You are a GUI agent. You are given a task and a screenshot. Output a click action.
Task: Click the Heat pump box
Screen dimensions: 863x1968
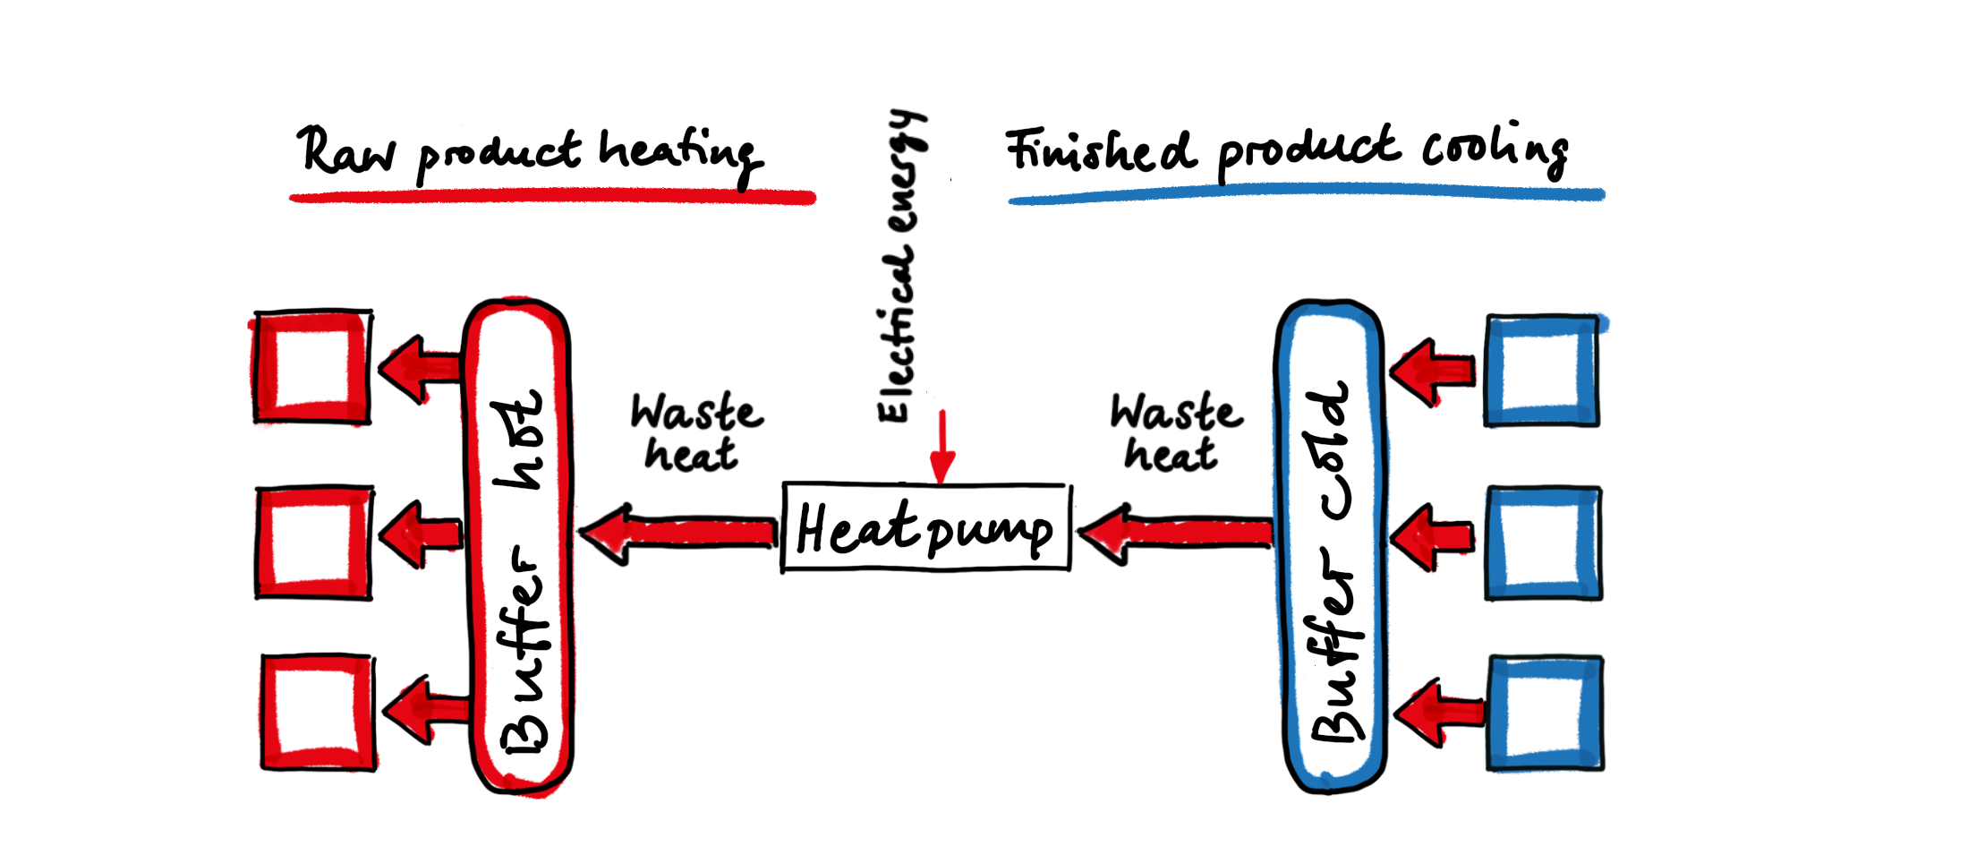(926, 528)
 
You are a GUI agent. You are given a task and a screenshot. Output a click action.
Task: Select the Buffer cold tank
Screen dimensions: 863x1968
(1331, 546)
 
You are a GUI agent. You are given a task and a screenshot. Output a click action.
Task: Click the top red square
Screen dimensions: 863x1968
(312, 367)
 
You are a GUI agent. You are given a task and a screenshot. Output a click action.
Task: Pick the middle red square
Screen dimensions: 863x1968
(313, 543)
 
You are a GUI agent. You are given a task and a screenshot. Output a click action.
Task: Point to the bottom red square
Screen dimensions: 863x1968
(318, 712)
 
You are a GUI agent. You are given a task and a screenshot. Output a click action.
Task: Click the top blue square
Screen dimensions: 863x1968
(1542, 370)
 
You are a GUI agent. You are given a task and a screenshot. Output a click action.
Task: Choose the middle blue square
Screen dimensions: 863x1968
(1544, 543)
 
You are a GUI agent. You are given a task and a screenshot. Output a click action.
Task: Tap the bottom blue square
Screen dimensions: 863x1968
(1546, 713)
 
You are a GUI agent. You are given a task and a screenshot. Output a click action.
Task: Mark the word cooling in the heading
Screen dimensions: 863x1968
(1495, 148)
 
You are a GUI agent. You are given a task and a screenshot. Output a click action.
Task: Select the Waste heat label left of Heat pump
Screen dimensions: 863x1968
(695, 432)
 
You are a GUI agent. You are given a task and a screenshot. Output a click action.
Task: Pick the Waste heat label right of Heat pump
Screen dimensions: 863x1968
(1175, 432)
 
